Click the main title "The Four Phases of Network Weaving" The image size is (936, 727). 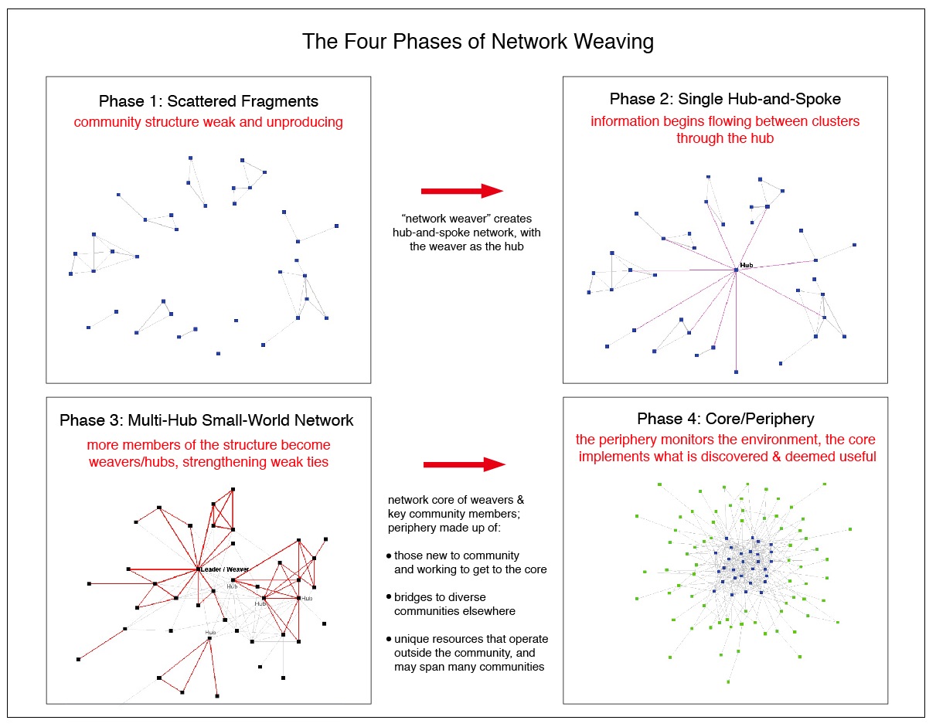point(478,41)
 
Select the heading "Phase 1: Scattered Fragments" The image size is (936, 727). point(209,102)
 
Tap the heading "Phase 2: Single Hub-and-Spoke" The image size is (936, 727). point(725,99)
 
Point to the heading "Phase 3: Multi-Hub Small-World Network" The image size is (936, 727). point(206,421)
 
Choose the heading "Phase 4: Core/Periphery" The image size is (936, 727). point(725,420)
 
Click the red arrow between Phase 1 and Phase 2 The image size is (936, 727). point(461,191)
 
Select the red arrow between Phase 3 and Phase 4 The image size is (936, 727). point(464,464)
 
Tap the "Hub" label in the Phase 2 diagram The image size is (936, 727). point(746,265)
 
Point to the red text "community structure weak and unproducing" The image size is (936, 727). point(209,123)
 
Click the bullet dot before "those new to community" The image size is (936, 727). point(389,556)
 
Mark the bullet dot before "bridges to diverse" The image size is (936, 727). point(389,598)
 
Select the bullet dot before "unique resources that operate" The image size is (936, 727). point(389,640)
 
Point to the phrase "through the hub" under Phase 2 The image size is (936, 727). point(725,138)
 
